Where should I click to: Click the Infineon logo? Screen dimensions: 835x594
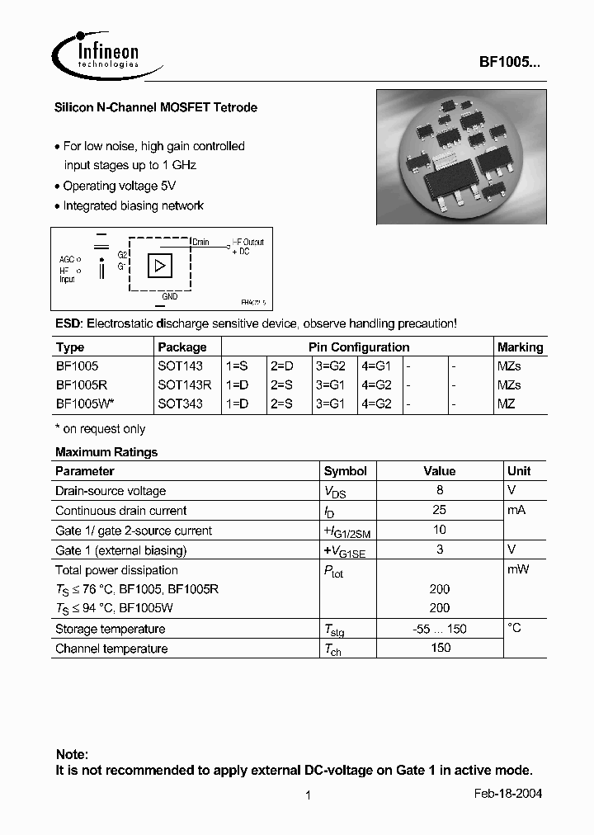pyautogui.click(x=97, y=55)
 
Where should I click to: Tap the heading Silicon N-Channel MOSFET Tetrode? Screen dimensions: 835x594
pyautogui.click(x=156, y=108)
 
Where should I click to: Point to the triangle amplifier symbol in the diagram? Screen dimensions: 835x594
pyautogui.click(x=160, y=266)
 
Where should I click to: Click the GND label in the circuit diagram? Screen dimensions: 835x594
pyautogui.click(x=169, y=295)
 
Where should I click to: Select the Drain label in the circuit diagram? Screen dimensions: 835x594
pyautogui.click(x=200, y=243)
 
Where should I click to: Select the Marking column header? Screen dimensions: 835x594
pyautogui.click(x=520, y=347)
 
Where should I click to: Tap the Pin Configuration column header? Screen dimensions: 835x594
pyautogui.click(x=359, y=347)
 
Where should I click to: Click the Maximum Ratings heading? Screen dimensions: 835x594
pyautogui.click(x=106, y=452)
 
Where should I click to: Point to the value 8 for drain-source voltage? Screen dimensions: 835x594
pyautogui.click(x=440, y=490)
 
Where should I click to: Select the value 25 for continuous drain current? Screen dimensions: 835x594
pyautogui.click(x=440, y=510)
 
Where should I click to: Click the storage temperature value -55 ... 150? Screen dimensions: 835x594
pyautogui.click(x=440, y=629)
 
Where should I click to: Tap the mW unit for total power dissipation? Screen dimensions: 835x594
pyautogui.click(x=518, y=569)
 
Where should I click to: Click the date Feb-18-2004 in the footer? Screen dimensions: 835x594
pyautogui.click(x=508, y=794)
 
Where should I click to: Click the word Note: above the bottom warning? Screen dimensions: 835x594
pyautogui.click(x=72, y=754)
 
